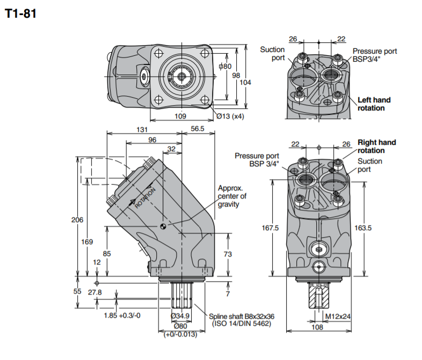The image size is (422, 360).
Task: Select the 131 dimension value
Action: (x=142, y=129)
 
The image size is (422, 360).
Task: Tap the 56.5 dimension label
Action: (x=198, y=129)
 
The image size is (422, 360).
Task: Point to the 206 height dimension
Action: (x=78, y=219)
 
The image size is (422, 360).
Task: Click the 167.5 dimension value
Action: (x=270, y=228)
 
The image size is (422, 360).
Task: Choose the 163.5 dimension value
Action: (x=363, y=228)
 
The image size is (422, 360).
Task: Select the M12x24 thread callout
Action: (x=339, y=317)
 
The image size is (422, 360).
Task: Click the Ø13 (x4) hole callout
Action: (x=230, y=116)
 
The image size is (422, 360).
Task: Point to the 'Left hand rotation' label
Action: (x=374, y=104)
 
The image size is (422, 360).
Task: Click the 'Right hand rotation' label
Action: (x=377, y=146)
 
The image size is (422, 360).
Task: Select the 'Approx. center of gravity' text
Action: (x=231, y=196)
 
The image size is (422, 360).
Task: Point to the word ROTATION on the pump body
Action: (x=145, y=197)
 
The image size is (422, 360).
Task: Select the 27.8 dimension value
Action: (x=95, y=292)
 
